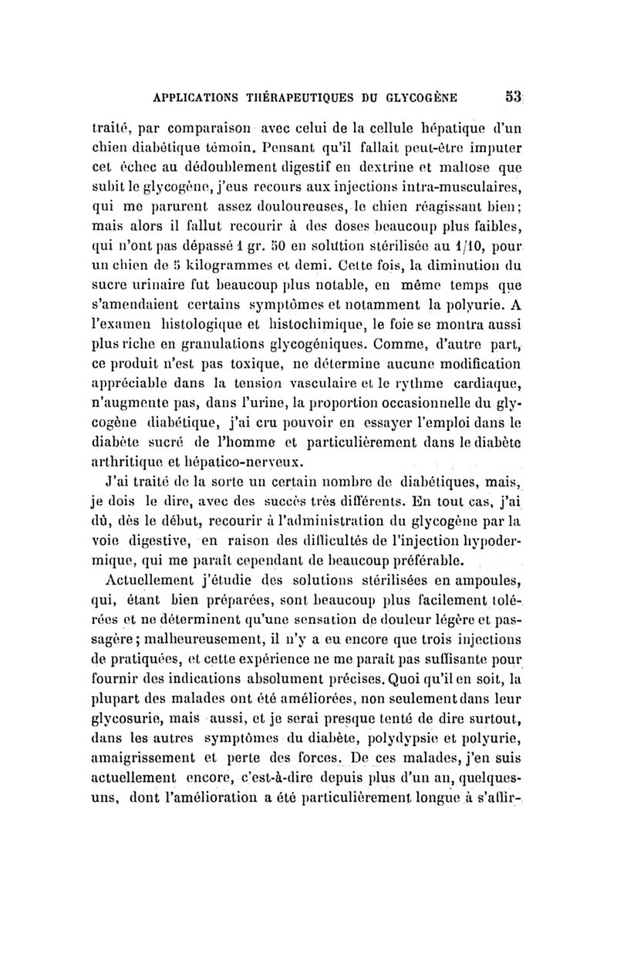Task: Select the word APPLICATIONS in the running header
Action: click(x=201, y=97)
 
